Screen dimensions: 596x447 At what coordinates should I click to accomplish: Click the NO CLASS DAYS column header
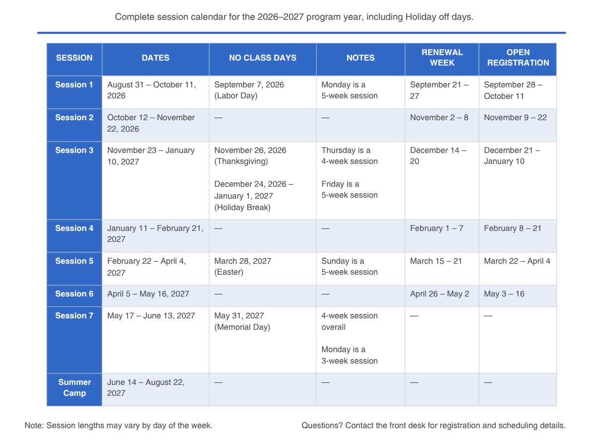pyautogui.click(x=262, y=58)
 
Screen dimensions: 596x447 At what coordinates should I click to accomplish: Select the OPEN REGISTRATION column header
pyautogui.click(x=518, y=58)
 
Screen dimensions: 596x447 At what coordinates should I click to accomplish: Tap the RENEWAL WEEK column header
pyautogui.click(x=442, y=58)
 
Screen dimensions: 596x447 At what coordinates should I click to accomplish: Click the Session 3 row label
pyautogui.click(x=74, y=150)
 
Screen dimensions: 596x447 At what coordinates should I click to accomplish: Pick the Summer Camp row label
pyautogui.click(x=74, y=387)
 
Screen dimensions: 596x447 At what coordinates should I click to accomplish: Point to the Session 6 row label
pyautogui.click(x=74, y=294)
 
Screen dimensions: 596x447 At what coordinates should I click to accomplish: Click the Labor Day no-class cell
pyautogui.click(x=249, y=90)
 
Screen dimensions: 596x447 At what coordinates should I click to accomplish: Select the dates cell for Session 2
pyautogui.click(x=151, y=123)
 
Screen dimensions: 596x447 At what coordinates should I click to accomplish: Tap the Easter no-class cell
pyautogui.click(x=243, y=267)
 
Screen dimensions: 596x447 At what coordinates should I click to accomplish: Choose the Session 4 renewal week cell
pyautogui.click(x=437, y=228)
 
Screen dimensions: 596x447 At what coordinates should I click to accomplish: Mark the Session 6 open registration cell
pyautogui.click(x=504, y=294)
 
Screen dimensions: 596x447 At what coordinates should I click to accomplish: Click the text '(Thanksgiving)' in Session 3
pyautogui.click(x=241, y=161)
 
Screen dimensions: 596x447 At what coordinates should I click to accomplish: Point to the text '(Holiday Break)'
pyautogui.click(x=242, y=208)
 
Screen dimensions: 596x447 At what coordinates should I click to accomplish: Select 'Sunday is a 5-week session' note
pyautogui.click(x=349, y=267)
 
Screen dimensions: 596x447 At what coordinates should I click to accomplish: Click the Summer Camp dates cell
pyautogui.click(x=146, y=387)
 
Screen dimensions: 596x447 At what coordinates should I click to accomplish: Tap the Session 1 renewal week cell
pyautogui.click(x=439, y=90)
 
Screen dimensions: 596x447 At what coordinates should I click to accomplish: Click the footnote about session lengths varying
pyautogui.click(x=119, y=426)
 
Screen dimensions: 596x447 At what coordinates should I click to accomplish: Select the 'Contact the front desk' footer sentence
pyautogui.click(x=433, y=426)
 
